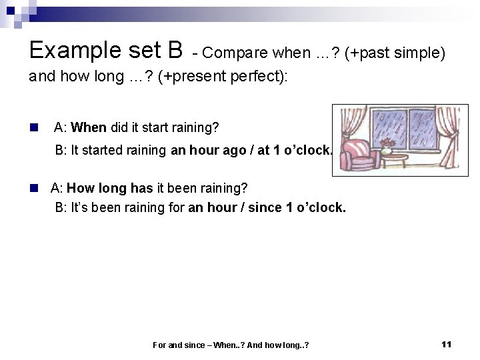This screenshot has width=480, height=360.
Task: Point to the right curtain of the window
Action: tap(450, 137)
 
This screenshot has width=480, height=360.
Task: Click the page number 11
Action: tap(447, 344)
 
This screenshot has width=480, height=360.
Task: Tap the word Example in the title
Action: tap(72, 50)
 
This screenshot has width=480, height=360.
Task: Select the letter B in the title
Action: tap(176, 50)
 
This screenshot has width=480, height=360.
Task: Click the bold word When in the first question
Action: tap(89, 127)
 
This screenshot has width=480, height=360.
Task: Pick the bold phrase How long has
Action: tap(110, 189)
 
